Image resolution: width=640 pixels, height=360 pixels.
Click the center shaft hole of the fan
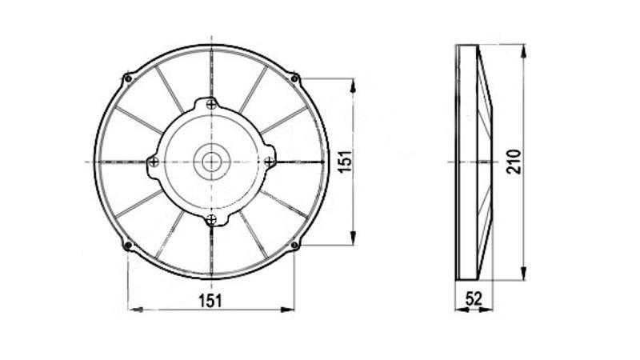click(211, 161)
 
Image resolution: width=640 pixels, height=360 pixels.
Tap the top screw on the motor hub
click(211, 103)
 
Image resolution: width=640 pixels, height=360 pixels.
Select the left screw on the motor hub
click(154, 162)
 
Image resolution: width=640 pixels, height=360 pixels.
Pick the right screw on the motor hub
click(270, 161)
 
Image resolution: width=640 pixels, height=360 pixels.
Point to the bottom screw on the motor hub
click(211, 219)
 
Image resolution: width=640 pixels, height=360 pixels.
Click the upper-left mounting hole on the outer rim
click(128, 78)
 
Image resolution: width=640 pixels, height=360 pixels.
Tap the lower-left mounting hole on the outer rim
click(128, 245)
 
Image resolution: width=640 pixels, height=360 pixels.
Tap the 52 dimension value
click(474, 299)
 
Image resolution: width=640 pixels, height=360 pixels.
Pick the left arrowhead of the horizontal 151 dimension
click(132, 309)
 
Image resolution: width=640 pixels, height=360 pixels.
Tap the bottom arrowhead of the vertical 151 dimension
click(353, 240)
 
